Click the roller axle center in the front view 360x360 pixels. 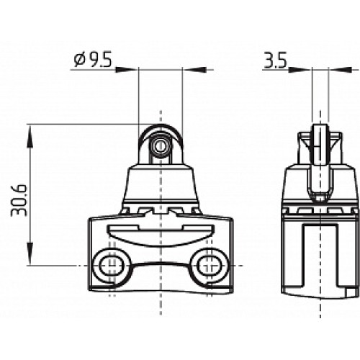tap(159, 147)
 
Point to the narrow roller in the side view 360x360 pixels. tap(316, 144)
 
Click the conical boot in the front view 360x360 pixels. tap(159, 184)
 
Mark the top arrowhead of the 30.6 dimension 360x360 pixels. tap(30, 130)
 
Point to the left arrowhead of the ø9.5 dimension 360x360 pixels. tap(132, 70)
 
